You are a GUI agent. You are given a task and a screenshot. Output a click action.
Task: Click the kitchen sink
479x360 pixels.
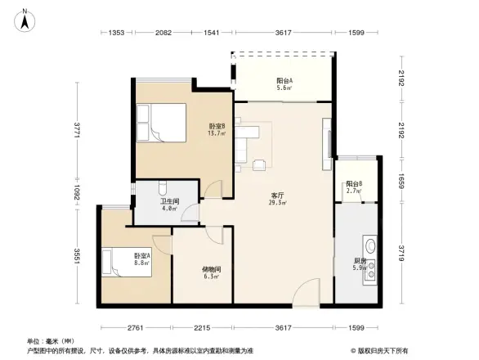[369, 245]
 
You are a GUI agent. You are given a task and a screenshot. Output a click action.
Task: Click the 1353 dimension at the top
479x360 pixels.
[116, 33]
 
